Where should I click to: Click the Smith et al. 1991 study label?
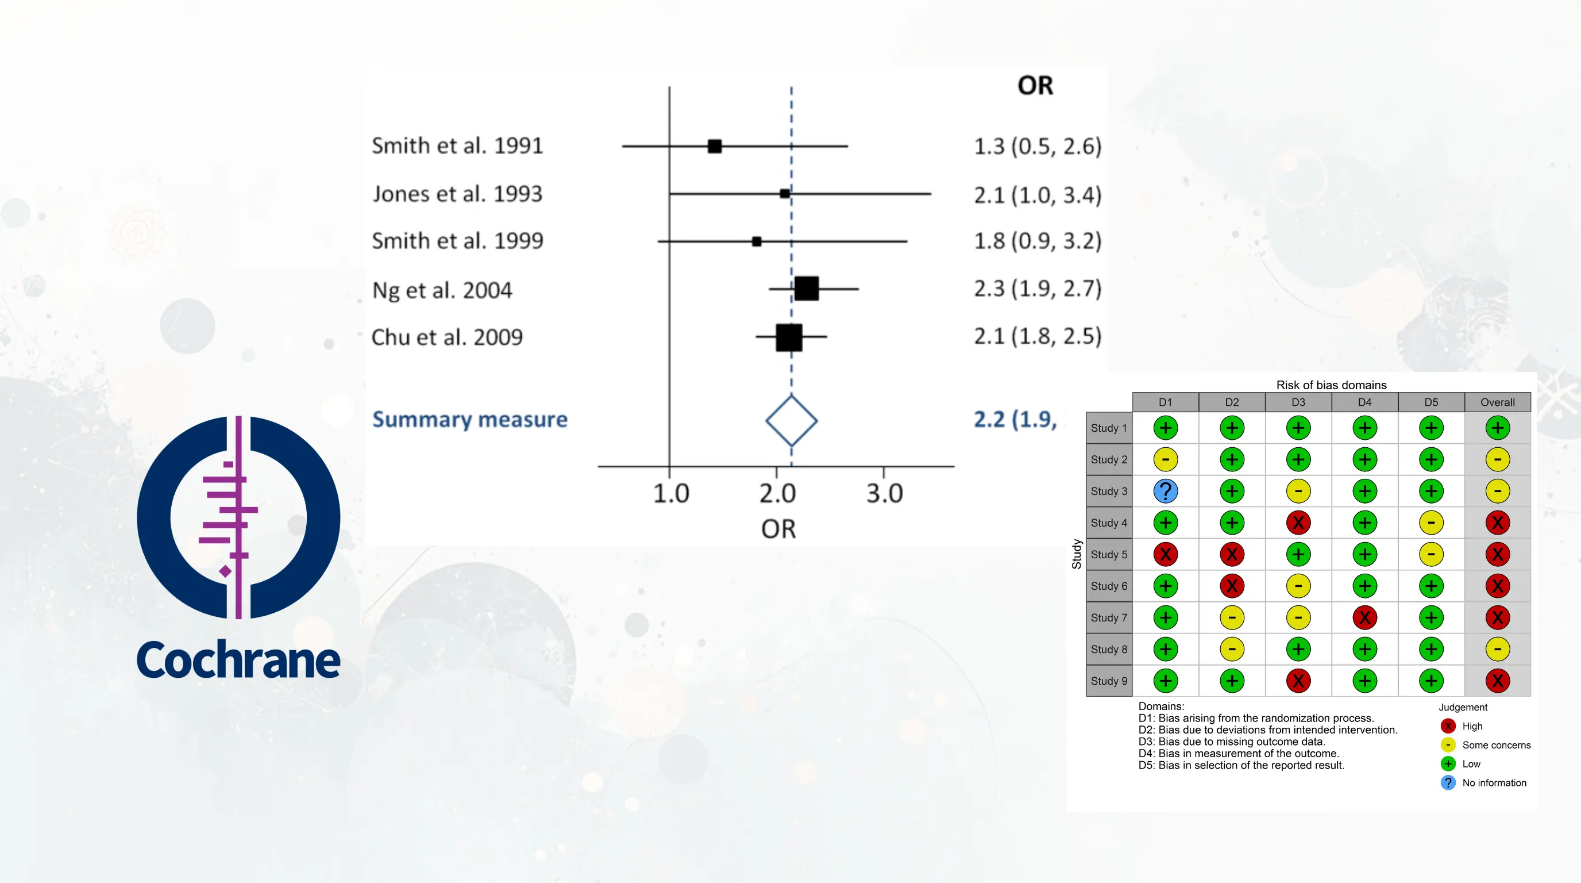[457, 146]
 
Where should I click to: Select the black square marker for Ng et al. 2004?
[807, 288]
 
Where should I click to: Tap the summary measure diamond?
[791, 421]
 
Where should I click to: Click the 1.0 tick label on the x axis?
[670, 493]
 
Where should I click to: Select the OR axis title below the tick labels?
[778, 529]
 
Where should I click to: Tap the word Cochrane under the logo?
[238, 660]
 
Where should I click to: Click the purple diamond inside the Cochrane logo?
[225, 571]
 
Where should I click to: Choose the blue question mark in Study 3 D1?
[1165, 492]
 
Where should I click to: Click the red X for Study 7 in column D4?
[1364, 618]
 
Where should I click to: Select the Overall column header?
[1497, 402]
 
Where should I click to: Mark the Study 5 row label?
[1108, 555]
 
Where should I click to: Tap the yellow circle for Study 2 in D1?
[1165, 459]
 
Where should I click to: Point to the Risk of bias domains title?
[1331, 385]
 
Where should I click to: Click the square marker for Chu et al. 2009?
[789, 337]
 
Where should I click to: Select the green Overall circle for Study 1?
[1497, 428]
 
